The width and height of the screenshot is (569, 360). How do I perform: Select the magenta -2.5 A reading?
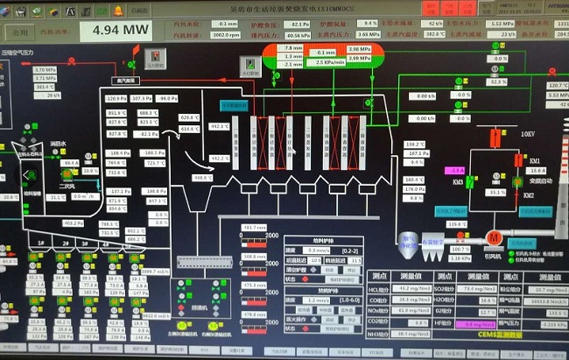[x=454, y=170]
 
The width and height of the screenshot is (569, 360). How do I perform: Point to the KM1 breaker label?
[x=534, y=160]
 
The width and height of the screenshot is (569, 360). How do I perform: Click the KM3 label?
[x=458, y=181]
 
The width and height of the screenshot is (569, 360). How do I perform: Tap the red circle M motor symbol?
[x=493, y=237]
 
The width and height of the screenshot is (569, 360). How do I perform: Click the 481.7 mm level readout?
[x=255, y=228]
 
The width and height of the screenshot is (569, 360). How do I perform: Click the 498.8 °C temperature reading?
[x=203, y=177]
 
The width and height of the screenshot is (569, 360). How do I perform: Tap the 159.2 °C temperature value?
[x=414, y=144]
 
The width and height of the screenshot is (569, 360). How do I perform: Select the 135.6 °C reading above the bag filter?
[x=456, y=223]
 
